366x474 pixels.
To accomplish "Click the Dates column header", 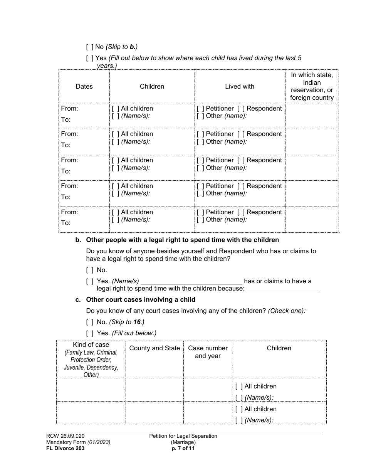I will click(x=84, y=86).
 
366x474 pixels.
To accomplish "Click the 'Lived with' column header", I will click(x=239, y=86).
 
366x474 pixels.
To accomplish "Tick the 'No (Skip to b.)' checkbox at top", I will click(x=89, y=47).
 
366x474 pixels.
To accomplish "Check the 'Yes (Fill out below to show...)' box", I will click(x=89, y=58).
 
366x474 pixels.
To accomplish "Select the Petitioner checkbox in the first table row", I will click(x=200, y=109).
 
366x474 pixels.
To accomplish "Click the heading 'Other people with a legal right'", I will click(x=182, y=240).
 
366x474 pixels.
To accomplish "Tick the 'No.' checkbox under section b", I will click(x=89, y=270).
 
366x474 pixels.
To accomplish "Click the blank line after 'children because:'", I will click(x=282, y=289).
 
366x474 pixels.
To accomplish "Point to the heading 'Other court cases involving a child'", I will click(x=141, y=299).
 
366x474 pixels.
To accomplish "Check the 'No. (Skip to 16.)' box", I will click(x=89, y=322).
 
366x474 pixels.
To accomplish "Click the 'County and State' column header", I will click(x=154, y=348).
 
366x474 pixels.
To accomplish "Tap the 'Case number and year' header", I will click(x=208, y=352).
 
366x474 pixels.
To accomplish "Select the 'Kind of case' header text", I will click(x=91, y=345).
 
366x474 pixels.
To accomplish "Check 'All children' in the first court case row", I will click(x=239, y=387).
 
